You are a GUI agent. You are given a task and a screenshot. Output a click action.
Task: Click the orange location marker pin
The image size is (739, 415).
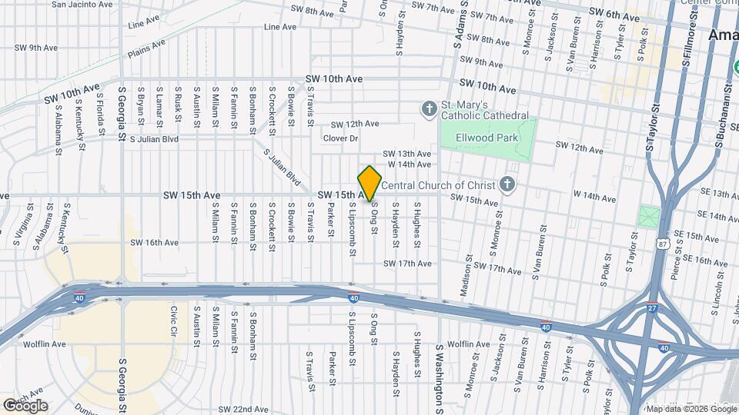(369, 183)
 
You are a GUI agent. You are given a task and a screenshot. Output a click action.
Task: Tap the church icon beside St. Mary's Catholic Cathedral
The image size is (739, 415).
(429, 109)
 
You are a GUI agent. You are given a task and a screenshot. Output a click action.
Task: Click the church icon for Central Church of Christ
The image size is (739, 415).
(507, 184)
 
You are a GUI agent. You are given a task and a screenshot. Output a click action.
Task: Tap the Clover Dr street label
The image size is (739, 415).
(341, 138)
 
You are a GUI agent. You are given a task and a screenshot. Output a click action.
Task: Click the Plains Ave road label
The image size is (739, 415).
(146, 48)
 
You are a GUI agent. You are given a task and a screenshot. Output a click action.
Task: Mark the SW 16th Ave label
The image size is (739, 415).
(154, 242)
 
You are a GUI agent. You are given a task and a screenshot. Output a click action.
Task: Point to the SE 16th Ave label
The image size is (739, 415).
(706, 261)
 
